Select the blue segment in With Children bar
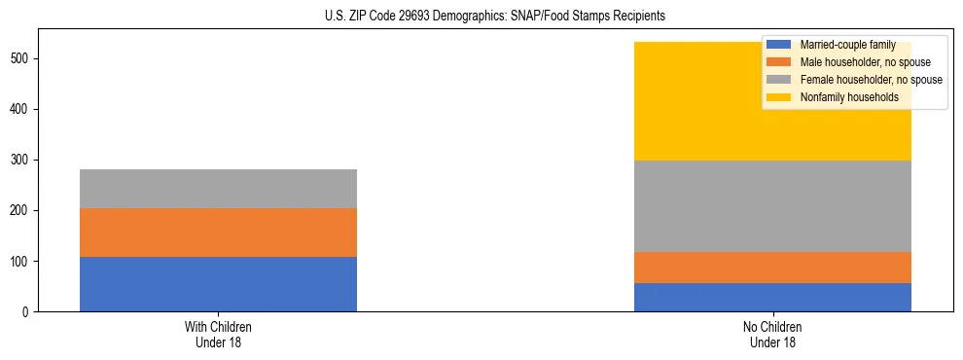218,284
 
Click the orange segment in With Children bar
218,233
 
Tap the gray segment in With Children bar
218,189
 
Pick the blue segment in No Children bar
772,297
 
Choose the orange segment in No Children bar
772,268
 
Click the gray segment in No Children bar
772,206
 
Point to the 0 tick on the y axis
28,312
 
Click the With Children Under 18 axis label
218,334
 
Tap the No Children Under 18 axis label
772,334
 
